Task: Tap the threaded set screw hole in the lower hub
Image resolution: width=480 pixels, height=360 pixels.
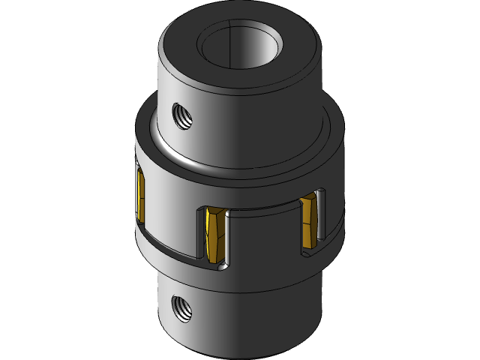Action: point(180,304)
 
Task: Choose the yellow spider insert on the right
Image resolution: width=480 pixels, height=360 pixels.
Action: point(307,220)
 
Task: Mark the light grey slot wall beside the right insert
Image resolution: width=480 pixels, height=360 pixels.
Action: point(321,217)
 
